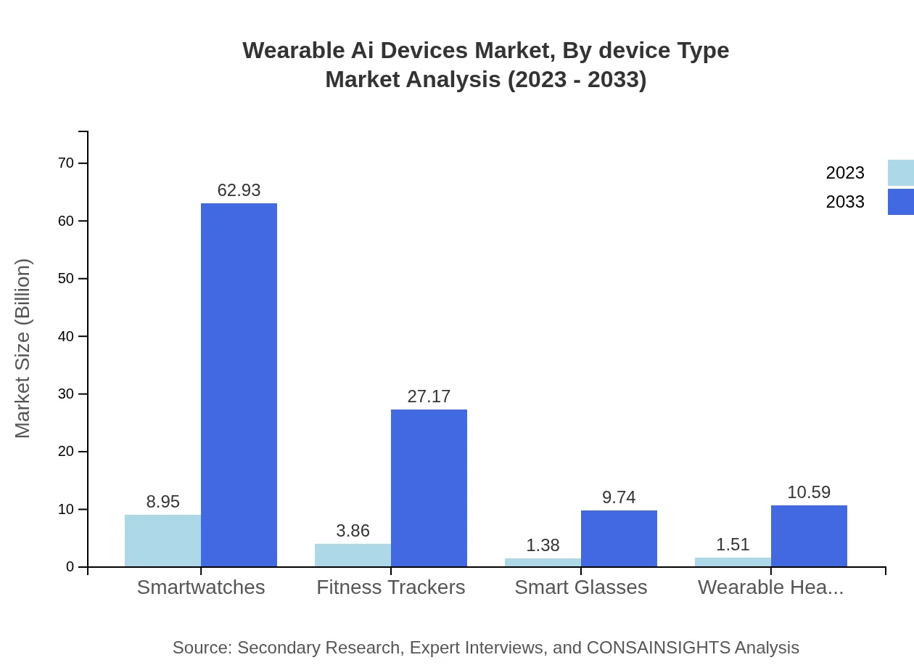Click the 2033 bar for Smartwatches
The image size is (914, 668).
239,385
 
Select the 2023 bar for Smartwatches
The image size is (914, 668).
162,541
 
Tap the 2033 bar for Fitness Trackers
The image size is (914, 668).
429,488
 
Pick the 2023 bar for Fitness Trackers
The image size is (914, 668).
353,555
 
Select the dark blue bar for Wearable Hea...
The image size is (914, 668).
809,536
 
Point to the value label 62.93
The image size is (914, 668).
239,190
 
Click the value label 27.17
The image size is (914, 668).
429,396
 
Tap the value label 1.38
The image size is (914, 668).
543,545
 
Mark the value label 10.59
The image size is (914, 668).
809,492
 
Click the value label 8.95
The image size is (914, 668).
162,502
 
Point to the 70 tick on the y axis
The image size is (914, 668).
66,163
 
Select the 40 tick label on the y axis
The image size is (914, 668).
66,336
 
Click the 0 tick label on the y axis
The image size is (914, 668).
70,567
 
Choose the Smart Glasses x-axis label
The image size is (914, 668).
580,587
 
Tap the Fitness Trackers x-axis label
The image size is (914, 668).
390,587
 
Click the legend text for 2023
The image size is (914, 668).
845,173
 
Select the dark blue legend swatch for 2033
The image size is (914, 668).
900,202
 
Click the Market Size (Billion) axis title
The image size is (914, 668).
23,349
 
